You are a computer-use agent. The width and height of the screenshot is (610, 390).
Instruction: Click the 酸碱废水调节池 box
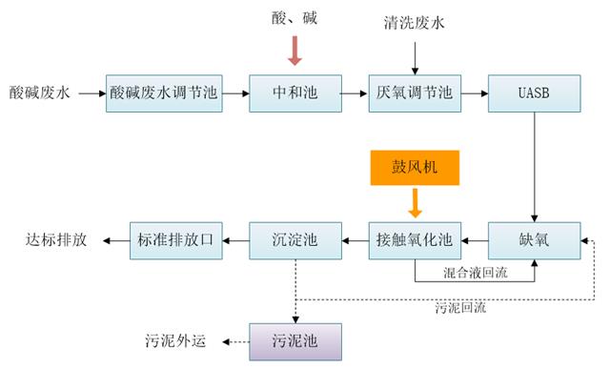pos(164,93)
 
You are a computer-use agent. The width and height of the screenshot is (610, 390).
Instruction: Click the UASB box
pos(533,93)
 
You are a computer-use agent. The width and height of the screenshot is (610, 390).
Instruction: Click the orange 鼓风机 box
pos(415,170)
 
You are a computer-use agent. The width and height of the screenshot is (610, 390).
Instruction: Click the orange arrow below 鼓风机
pos(415,203)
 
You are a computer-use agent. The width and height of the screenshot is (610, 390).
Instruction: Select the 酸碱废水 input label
pos(39,93)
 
